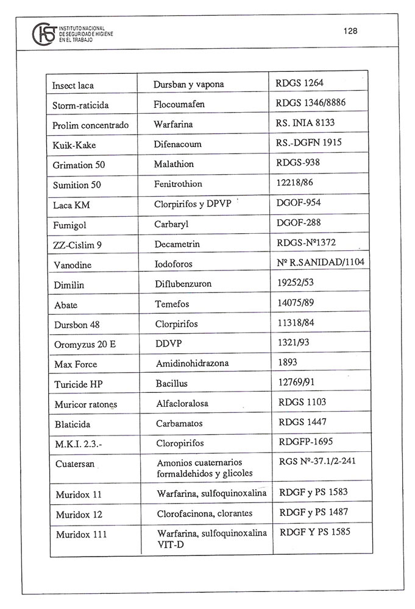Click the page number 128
pyautogui.click(x=350, y=31)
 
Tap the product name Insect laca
pyautogui.click(x=73, y=85)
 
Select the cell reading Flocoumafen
pyautogui.click(x=179, y=105)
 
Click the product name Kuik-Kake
pyautogui.click(x=74, y=145)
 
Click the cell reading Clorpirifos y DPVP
pyautogui.click(x=193, y=204)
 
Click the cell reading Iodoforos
pyautogui.click(x=176, y=264)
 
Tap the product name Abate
pyautogui.click(x=65, y=304)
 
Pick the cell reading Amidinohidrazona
pyautogui.click(x=191, y=364)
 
